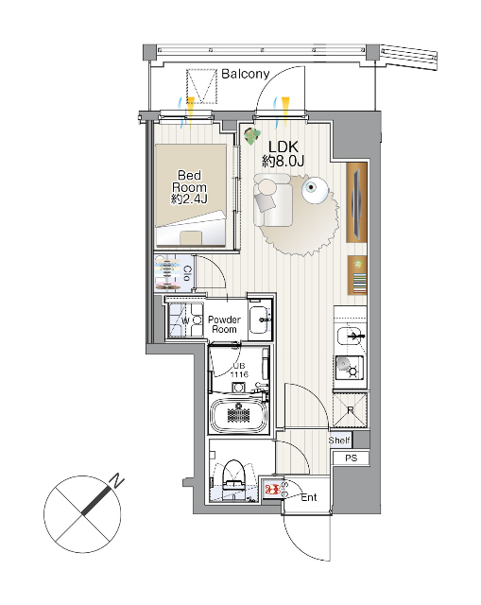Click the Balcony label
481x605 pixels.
pos(246,74)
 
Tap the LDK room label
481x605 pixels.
pos(283,147)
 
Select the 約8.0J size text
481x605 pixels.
pos(283,161)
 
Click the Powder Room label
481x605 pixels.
pos(224,324)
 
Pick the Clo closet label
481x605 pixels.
pos(187,273)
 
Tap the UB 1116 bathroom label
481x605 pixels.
pos(239,370)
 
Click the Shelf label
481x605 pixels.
pos(339,441)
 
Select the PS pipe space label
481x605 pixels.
pos(351,458)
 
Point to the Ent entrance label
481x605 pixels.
pos(309,497)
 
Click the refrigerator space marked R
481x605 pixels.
pos(350,410)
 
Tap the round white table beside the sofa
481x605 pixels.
pos(315,190)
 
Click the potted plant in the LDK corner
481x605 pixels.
pos(251,136)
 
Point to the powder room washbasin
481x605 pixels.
pos(260,320)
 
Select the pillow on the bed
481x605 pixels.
pos(191,237)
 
